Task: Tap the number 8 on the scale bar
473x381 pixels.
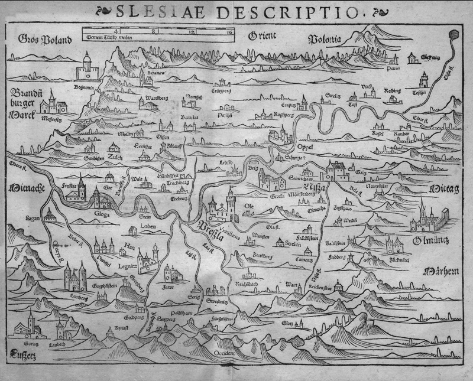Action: (x=154, y=29)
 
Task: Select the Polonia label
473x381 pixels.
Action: (x=326, y=40)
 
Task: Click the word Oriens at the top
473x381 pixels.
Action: (x=262, y=35)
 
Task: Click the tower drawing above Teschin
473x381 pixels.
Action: (x=424, y=80)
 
